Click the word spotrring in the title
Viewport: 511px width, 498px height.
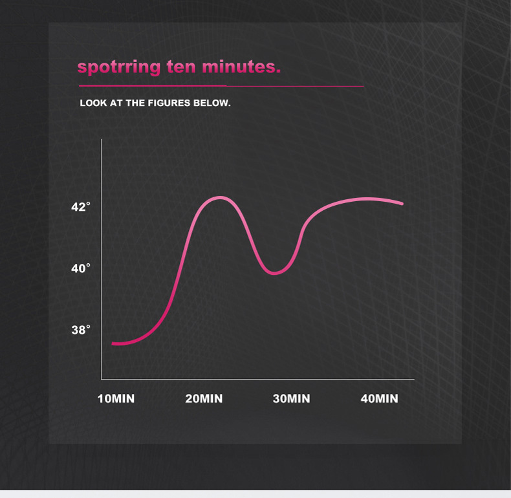(119, 68)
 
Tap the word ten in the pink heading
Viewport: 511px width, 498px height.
(181, 67)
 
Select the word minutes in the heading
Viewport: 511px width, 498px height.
(241, 67)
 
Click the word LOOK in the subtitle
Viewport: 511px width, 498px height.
(93, 103)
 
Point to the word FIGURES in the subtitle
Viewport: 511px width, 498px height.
(169, 103)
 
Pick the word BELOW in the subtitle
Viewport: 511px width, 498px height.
(212, 103)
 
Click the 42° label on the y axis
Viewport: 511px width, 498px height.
(81, 206)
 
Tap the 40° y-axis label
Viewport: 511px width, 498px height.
(81, 268)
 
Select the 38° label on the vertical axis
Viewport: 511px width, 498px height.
(81, 330)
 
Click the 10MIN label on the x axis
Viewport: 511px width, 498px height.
(116, 398)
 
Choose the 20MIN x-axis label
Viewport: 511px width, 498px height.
(204, 398)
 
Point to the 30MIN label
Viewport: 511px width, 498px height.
(291, 398)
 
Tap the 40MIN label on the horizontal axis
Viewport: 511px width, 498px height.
(379, 398)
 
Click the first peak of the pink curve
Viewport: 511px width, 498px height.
(221, 197)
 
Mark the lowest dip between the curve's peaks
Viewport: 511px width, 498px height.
(274, 273)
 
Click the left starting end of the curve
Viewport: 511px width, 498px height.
(113, 343)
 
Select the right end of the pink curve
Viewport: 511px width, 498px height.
(402, 204)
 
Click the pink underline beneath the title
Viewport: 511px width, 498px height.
(221, 86)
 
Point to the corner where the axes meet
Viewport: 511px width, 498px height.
(101, 379)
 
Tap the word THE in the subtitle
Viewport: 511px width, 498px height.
(135, 103)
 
